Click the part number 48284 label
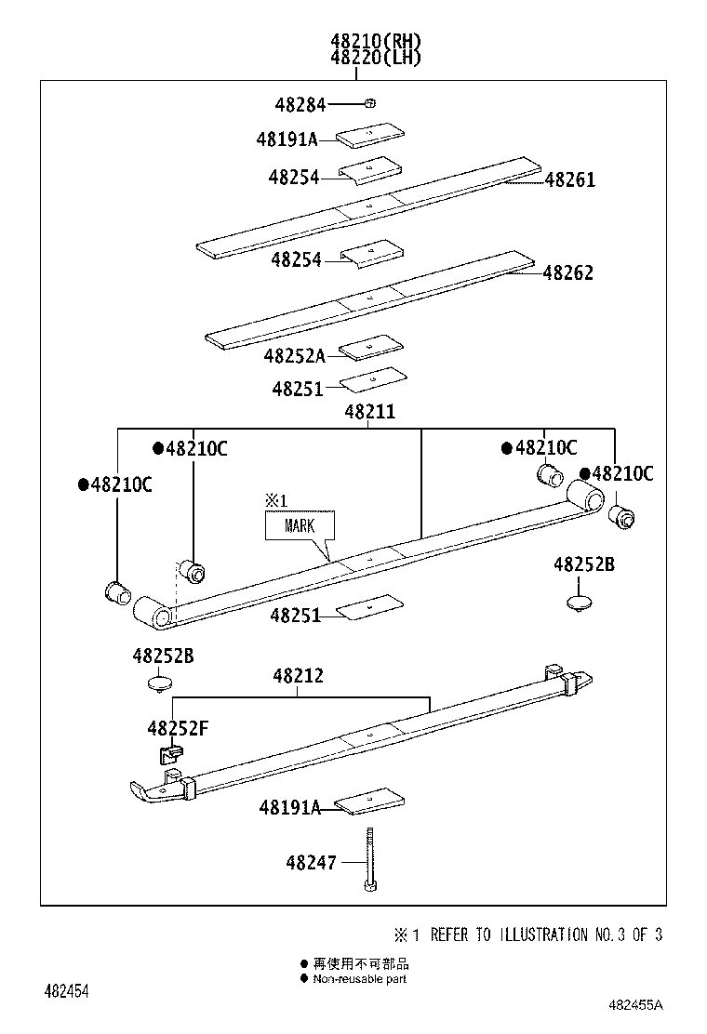point(300,105)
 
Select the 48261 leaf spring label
point(569,179)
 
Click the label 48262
point(567,273)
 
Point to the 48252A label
point(295,355)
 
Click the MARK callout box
point(300,525)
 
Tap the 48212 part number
point(298,676)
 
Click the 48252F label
point(177,728)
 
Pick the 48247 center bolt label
point(312,863)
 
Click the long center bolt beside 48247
point(369,859)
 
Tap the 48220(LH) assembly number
point(375,58)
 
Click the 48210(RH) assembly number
point(375,41)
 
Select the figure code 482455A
point(636,1005)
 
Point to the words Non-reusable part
point(359,978)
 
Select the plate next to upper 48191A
point(368,137)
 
